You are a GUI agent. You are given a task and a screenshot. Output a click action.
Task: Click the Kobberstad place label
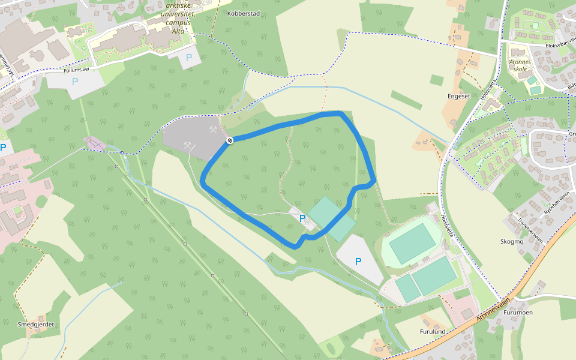(244, 13)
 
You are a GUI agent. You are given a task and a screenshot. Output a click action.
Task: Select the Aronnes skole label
(520, 65)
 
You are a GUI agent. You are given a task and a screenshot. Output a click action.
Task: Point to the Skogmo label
(511, 241)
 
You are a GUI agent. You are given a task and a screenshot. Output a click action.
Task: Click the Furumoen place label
(518, 313)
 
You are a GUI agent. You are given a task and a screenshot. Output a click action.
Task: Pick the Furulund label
(432, 331)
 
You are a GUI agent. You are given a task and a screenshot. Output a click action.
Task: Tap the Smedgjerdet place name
(36, 324)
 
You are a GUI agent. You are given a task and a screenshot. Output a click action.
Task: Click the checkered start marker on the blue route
(229, 140)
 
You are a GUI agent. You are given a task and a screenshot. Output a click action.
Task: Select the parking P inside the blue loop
(302, 218)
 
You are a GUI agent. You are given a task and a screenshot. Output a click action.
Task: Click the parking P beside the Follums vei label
(75, 81)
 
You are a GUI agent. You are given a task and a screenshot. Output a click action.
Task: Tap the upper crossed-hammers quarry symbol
(212, 128)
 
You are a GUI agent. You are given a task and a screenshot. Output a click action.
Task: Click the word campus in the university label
(178, 23)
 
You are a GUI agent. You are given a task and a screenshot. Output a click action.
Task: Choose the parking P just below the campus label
(189, 58)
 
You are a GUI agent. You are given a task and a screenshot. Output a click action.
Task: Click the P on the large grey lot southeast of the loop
(358, 261)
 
